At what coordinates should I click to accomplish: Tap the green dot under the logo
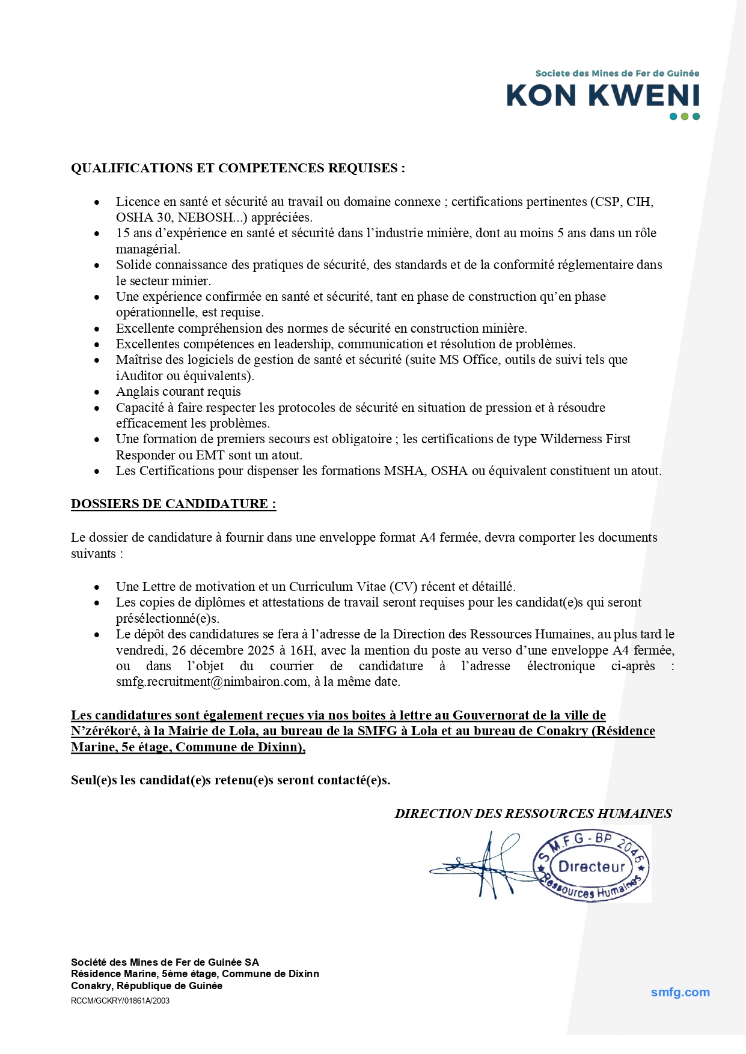685,117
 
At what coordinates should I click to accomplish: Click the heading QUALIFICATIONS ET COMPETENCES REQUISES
238,168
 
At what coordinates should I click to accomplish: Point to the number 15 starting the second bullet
123,233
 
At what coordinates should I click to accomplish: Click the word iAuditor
139,376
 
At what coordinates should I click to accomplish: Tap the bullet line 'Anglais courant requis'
178,392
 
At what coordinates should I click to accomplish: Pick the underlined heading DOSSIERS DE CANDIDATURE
173,504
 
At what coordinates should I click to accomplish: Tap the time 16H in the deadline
304,650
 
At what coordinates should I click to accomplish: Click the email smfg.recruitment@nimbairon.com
212,682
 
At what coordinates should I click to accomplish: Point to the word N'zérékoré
105,731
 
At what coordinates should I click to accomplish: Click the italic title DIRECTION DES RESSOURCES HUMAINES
533,814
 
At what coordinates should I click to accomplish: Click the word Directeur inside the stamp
592,867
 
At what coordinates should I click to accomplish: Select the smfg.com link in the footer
680,992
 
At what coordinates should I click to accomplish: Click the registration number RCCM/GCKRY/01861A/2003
120,1001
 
